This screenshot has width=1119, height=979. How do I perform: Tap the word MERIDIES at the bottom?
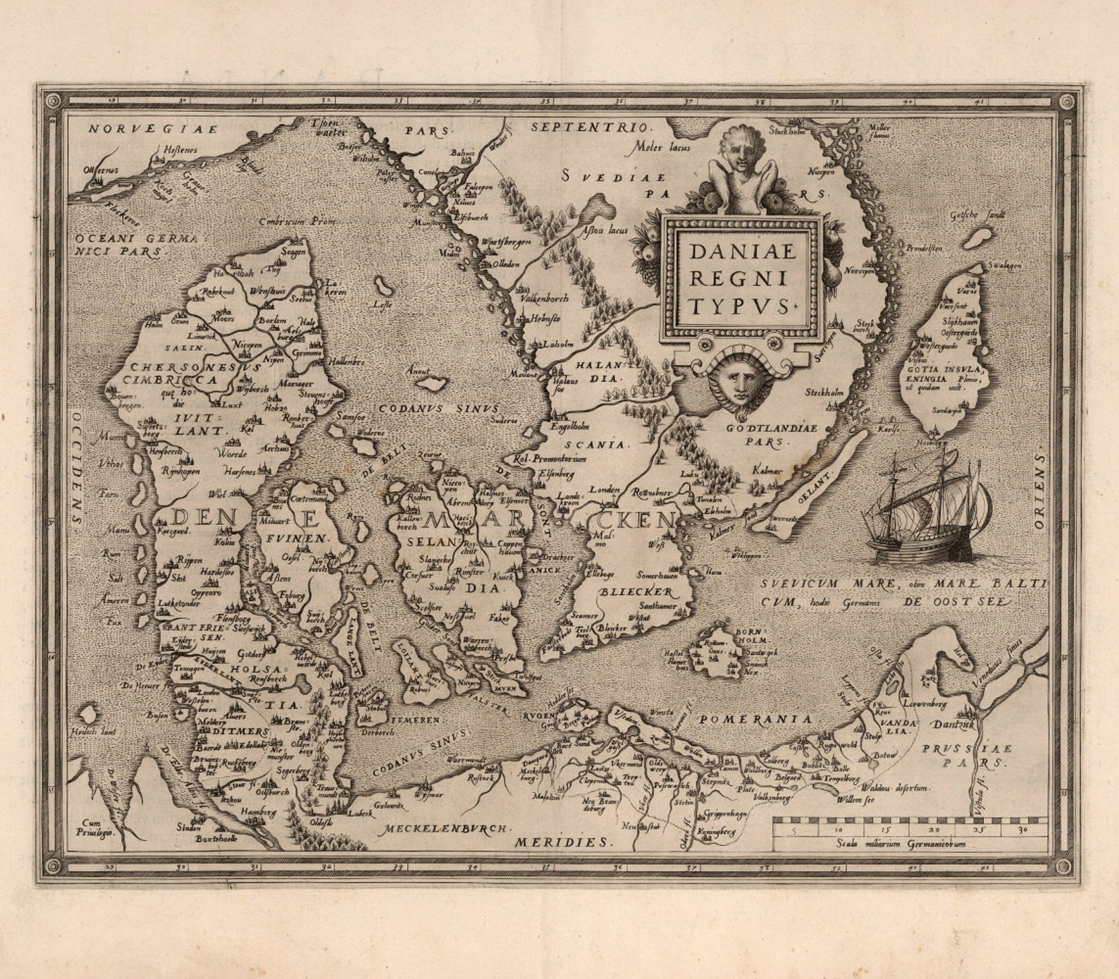click(x=561, y=842)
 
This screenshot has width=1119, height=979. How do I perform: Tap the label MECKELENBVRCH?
click(x=445, y=830)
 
